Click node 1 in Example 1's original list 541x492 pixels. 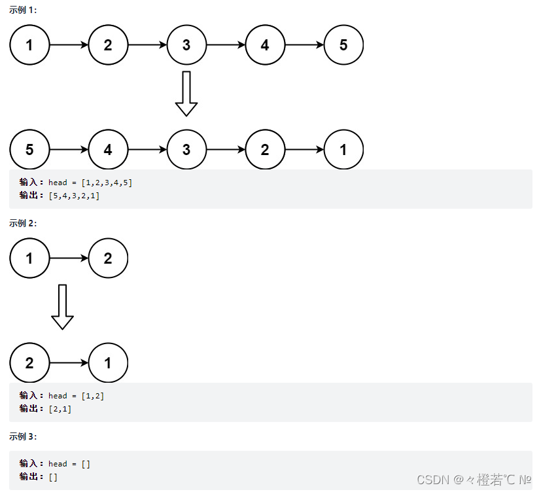(29, 45)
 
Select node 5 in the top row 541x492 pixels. (343, 45)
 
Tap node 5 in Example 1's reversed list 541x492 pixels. (29, 150)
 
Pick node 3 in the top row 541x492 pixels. (186, 45)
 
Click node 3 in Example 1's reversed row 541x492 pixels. (186, 150)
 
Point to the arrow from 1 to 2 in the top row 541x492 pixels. (69, 45)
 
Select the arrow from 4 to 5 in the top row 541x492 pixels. (304, 45)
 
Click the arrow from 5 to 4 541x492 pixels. (69, 150)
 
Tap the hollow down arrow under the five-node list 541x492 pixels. (186, 94)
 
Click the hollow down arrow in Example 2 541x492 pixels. (62, 307)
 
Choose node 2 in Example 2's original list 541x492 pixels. (108, 258)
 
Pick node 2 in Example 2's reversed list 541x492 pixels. (29, 362)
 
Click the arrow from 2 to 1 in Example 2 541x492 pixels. (69, 362)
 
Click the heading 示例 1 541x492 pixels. (23, 11)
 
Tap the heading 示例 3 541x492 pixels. (23, 436)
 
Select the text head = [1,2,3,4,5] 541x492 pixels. (90, 183)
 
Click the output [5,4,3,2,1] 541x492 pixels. (74, 196)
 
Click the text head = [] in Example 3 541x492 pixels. (69, 464)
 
